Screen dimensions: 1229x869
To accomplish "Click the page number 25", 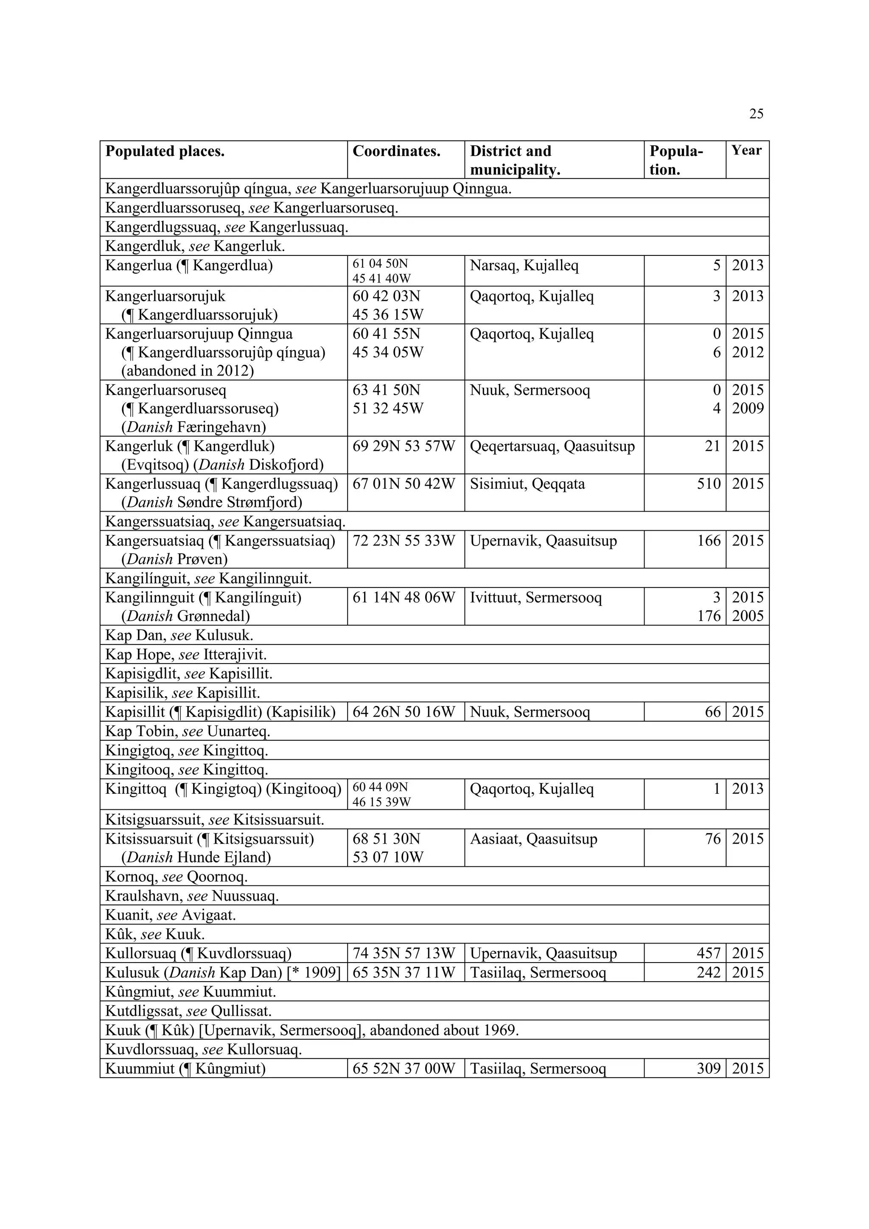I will pos(756,113).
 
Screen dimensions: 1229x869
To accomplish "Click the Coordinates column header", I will pos(396,151).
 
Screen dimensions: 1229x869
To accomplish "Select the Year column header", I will pos(746,151).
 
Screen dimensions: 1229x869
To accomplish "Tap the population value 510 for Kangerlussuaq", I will pos(709,484).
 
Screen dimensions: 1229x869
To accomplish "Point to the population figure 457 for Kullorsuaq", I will pos(709,953).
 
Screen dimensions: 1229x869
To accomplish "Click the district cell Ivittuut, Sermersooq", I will pos(535,597).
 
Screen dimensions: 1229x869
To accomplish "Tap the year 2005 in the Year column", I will pos(748,616).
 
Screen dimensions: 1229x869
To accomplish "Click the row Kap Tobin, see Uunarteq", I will pos(188,731).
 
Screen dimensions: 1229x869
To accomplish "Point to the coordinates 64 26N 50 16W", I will pos(404,712).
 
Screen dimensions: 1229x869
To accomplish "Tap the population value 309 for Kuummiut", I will pos(709,1069).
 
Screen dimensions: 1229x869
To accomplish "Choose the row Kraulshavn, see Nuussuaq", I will pos(192,896).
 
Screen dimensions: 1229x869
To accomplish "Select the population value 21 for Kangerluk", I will pos(713,446).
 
